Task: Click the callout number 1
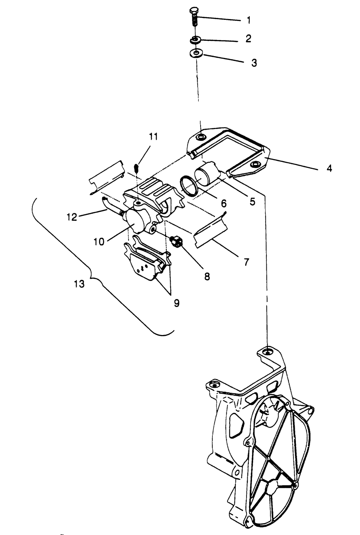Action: tap(248, 20)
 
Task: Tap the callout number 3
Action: tap(254, 63)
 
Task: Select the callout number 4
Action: tap(329, 168)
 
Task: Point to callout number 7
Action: tap(246, 262)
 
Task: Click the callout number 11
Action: tap(153, 137)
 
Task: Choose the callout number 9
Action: tap(176, 303)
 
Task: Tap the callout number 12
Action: tap(72, 217)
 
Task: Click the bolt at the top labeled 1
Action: tap(193, 16)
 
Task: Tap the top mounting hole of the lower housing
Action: tap(267, 351)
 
